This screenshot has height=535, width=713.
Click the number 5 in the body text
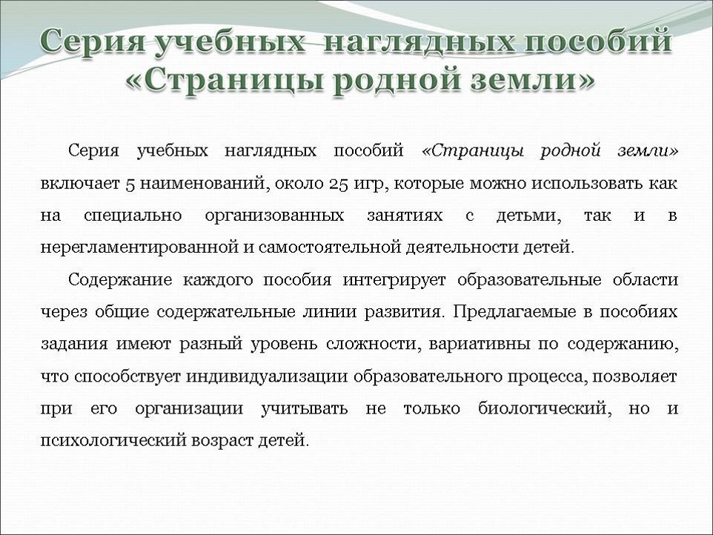[129, 185]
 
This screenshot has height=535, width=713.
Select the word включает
[80, 184]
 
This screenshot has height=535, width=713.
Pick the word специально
[133, 216]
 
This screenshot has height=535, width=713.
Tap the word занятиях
[405, 216]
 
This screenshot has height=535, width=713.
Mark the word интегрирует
[394, 280]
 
